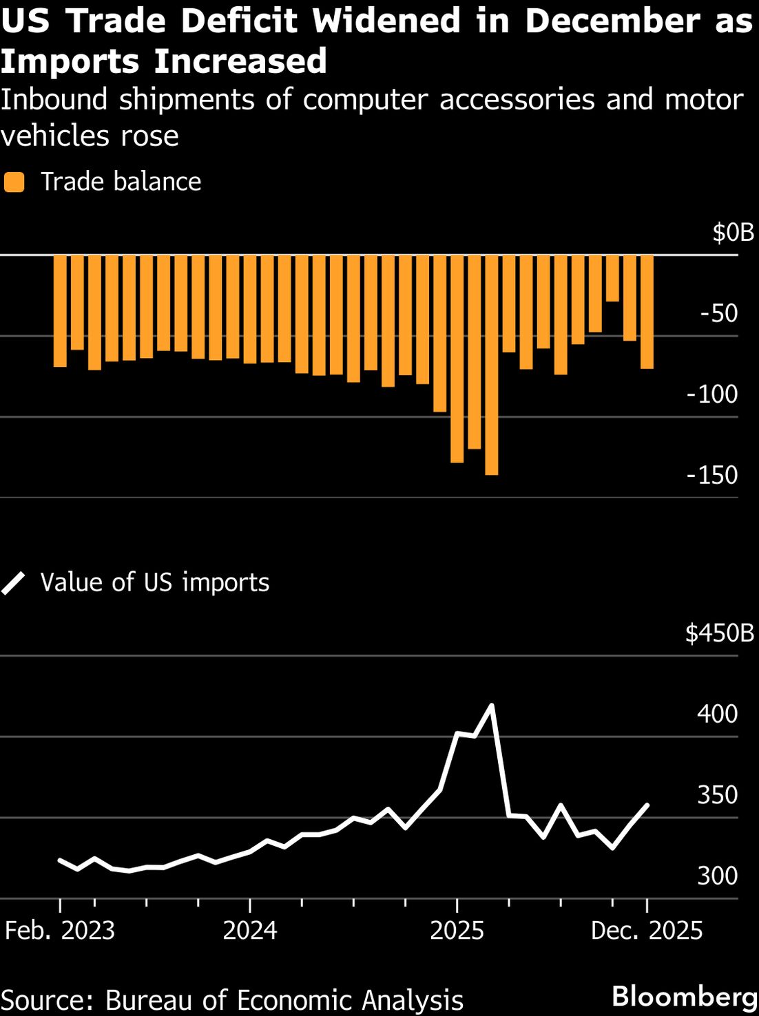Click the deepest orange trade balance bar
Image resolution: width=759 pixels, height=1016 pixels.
[x=491, y=365]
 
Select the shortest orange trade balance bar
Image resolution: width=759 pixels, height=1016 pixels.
[x=612, y=278]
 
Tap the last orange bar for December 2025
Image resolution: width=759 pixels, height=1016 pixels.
[x=647, y=312]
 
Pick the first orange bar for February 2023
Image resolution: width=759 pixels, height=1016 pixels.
[x=60, y=310]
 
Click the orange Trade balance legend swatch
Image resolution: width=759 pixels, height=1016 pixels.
[x=14, y=182]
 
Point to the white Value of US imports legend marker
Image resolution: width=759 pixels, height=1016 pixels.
[x=14, y=583]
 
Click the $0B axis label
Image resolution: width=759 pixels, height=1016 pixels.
[x=733, y=233]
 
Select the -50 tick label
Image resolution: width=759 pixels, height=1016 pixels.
[x=718, y=313]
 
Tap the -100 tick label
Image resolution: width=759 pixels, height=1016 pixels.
[x=712, y=394]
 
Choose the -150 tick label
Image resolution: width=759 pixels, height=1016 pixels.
[x=712, y=475]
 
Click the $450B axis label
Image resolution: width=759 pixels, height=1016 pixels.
[x=720, y=633]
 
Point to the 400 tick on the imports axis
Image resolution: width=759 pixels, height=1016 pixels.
[x=717, y=714]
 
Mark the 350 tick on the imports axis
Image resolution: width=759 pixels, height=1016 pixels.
[x=717, y=794]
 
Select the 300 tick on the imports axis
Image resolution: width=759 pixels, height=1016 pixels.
[x=717, y=876]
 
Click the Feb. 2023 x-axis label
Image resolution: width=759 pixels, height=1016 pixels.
[x=60, y=931]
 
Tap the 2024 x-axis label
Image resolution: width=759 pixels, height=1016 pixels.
[x=249, y=931]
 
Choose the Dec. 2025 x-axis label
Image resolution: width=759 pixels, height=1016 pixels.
[x=647, y=931]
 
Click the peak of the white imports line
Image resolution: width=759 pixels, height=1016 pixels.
[x=491, y=705]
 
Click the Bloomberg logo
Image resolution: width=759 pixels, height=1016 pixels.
[x=685, y=996]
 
